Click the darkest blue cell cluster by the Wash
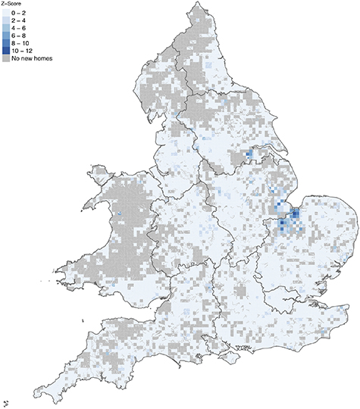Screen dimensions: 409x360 (x=293, y=216)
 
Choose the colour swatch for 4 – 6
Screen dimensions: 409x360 (x=6, y=29)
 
